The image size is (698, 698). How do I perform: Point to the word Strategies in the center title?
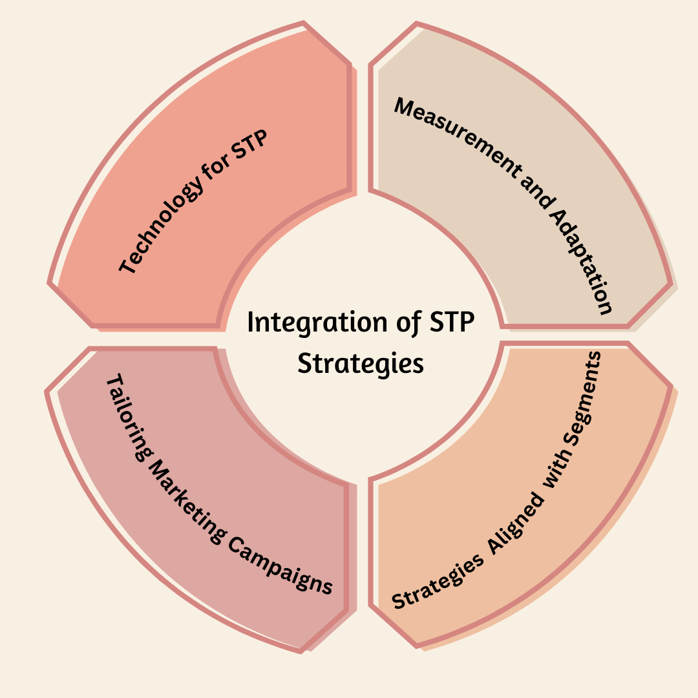(361, 363)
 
